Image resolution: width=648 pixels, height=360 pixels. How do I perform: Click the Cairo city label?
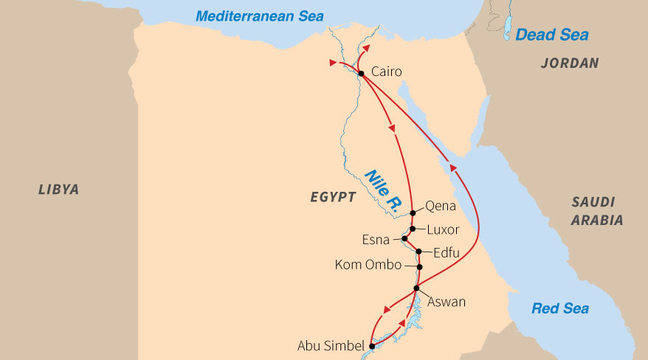pos(387,72)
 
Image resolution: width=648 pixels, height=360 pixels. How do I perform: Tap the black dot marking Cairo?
pos(361,73)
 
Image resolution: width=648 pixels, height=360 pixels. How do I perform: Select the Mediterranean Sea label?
pos(260,16)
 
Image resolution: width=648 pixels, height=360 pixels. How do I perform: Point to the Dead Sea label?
pos(551,35)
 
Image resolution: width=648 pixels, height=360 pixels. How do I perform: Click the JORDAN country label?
pos(569,63)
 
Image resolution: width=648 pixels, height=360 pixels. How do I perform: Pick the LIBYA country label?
pos(58,190)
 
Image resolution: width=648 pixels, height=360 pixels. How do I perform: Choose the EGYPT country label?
pos(332,197)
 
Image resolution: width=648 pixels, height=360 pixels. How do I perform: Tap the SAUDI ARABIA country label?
pos(597,210)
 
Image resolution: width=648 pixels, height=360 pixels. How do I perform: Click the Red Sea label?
pos(560,308)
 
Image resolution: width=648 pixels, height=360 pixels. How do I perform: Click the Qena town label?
pos(441,207)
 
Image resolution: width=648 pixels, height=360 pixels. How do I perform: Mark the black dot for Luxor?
pos(413,229)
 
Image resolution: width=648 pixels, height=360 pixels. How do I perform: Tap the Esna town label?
pos(376,240)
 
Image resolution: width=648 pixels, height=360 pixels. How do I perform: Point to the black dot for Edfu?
pos(418,252)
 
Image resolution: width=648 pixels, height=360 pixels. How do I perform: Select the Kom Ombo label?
pos(368,265)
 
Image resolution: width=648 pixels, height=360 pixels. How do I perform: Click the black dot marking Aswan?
pos(416,288)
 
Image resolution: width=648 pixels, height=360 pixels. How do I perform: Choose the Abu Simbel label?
pos(331,346)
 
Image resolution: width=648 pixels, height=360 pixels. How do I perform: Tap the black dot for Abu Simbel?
pos(372,345)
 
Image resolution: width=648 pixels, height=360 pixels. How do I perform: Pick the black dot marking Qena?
pos(413,213)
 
